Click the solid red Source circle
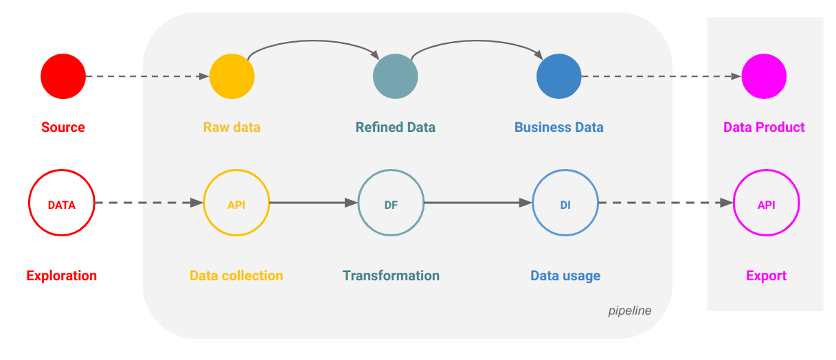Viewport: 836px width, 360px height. (x=63, y=76)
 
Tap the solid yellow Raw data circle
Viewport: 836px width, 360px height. (x=231, y=76)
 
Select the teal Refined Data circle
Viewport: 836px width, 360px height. (x=395, y=76)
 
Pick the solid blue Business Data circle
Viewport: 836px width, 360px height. (x=558, y=76)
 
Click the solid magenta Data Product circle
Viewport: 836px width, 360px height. (x=764, y=76)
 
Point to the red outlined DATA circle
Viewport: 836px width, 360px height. (x=61, y=203)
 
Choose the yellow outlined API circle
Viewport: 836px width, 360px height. (x=236, y=203)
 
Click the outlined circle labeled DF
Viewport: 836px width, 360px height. (x=391, y=203)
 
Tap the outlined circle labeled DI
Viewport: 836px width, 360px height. (x=565, y=203)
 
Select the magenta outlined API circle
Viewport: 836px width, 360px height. (x=766, y=203)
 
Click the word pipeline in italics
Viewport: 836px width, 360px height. (x=629, y=311)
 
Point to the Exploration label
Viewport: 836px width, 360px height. (x=61, y=275)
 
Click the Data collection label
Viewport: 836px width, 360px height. (x=236, y=275)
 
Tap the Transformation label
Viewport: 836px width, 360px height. (x=391, y=275)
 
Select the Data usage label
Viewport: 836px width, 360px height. (x=565, y=275)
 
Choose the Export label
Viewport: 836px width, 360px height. (x=766, y=275)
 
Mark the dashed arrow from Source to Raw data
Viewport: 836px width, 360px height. (x=148, y=76)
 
